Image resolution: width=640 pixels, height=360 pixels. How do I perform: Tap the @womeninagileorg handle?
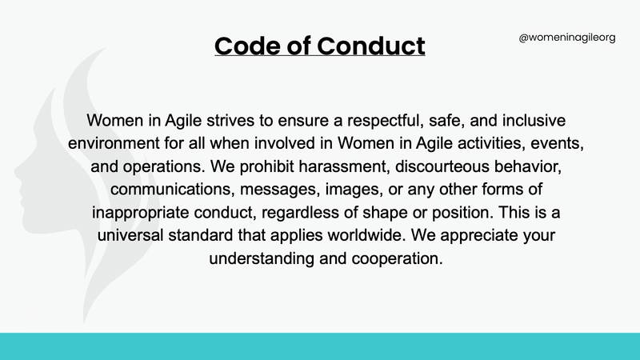pos(567,38)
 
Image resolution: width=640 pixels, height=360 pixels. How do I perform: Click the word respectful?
pos(385,121)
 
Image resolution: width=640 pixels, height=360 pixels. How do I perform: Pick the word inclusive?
pos(534,121)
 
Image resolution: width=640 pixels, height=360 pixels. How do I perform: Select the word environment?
pos(114,143)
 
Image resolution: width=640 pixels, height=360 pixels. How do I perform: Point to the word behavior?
pos(528,166)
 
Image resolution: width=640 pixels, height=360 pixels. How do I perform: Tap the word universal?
pos(130,235)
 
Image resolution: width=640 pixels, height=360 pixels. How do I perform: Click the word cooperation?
pos(397,258)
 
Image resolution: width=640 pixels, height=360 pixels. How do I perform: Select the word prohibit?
pos(266,166)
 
